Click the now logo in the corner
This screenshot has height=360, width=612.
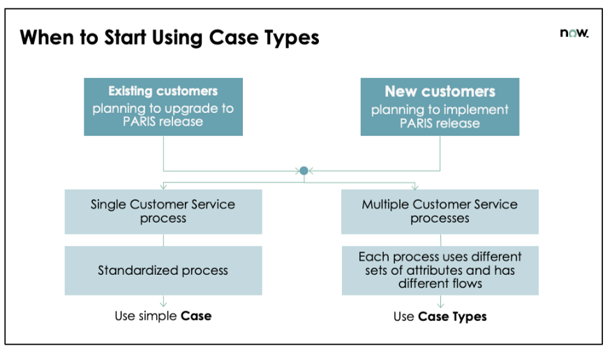pyautogui.click(x=574, y=33)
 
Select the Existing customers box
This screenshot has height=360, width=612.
pyautogui.click(x=163, y=106)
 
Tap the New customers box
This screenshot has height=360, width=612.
pyautogui.click(x=440, y=106)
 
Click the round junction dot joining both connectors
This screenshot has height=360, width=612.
pyautogui.click(x=304, y=170)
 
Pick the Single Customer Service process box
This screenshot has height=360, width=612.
pyautogui.click(x=163, y=211)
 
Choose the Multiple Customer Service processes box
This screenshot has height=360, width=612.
pyautogui.click(x=440, y=211)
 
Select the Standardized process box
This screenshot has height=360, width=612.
pyautogui.click(x=163, y=270)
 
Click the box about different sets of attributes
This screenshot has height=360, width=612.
pyautogui.click(x=440, y=270)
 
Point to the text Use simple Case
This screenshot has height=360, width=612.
pyautogui.click(x=163, y=316)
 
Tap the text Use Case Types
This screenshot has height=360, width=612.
pyautogui.click(x=440, y=317)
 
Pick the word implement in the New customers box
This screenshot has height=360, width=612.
pyautogui.click(x=476, y=110)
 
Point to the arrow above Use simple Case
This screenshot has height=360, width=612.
pyautogui.click(x=163, y=301)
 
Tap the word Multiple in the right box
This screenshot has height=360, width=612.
pyautogui.click(x=386, y=204)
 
